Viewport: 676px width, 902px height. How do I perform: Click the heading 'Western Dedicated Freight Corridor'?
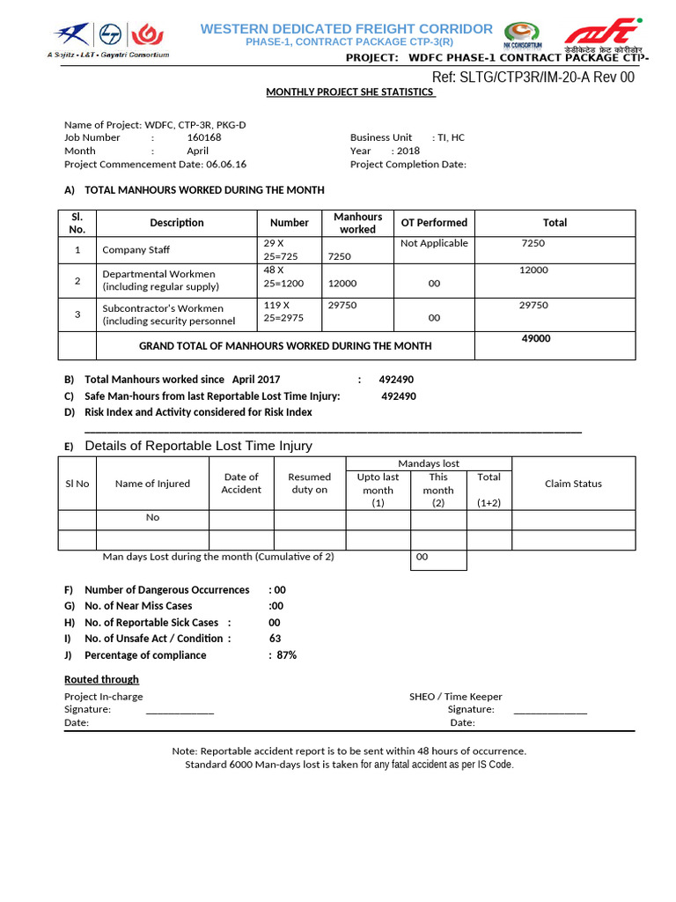[346, 29]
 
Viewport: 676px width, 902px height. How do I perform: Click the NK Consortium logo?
[523, 35]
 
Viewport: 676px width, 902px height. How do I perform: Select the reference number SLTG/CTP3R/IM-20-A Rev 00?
[533, 78]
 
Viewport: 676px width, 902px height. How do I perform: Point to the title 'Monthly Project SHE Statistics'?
[350, 92]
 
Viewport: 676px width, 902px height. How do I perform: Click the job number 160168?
[204, 137]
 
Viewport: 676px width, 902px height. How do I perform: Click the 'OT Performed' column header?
[434, 223]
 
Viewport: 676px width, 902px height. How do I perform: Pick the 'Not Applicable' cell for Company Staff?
[434, 243]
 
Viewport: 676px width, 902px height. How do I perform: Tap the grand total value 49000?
[536, 338]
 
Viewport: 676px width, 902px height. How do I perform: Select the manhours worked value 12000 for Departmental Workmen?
[342, 284]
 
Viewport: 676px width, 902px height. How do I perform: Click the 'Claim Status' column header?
[573, 484]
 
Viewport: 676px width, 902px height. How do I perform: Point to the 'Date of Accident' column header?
[241, 484]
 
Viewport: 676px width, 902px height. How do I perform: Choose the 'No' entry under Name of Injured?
[152, 518]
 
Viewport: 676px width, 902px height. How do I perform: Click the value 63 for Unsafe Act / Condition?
[276, 639]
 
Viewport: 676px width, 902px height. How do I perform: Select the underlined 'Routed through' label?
[101, 680]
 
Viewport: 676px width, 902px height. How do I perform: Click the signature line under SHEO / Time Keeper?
[550, 710]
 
